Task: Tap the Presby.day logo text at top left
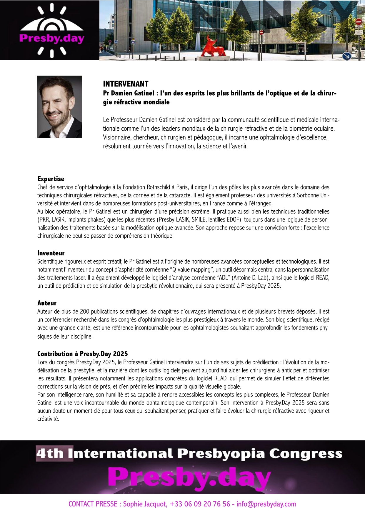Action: point(52,39)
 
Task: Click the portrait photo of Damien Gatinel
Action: point(60,107)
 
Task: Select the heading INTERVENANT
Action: point(126,84)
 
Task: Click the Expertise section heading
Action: point(51,179)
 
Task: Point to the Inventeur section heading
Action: point(51,253)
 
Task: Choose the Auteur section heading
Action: point(47,303)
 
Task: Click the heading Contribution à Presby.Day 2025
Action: point(83,354)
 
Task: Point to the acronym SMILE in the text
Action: point(199,219)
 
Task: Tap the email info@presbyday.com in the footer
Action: point(266,504)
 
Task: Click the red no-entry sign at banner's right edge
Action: point(358,22)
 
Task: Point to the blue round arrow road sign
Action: point(347,56)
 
